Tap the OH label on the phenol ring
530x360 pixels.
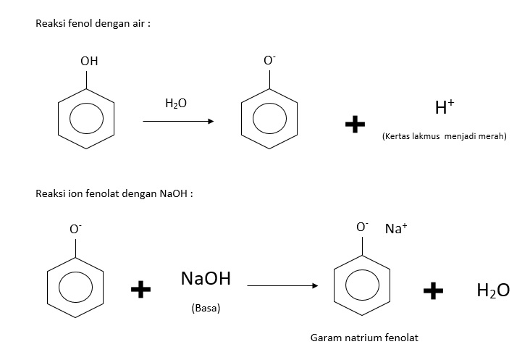(89, 62)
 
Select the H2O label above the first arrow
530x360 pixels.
(175, 104)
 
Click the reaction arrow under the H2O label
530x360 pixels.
(178, 121)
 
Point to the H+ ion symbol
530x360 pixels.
(444, 108)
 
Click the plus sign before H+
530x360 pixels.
(355, 125)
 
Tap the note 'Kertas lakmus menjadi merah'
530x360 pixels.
(444, 136)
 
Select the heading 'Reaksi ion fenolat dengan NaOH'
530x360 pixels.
(114, 193)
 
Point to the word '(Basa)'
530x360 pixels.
(206, 308)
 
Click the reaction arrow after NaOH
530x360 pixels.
(282, 286)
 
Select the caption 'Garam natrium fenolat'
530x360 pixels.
(364, 338)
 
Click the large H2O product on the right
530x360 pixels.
(492, 290)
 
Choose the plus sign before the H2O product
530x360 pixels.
(433, 290)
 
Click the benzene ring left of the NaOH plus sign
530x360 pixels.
(75, 283)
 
